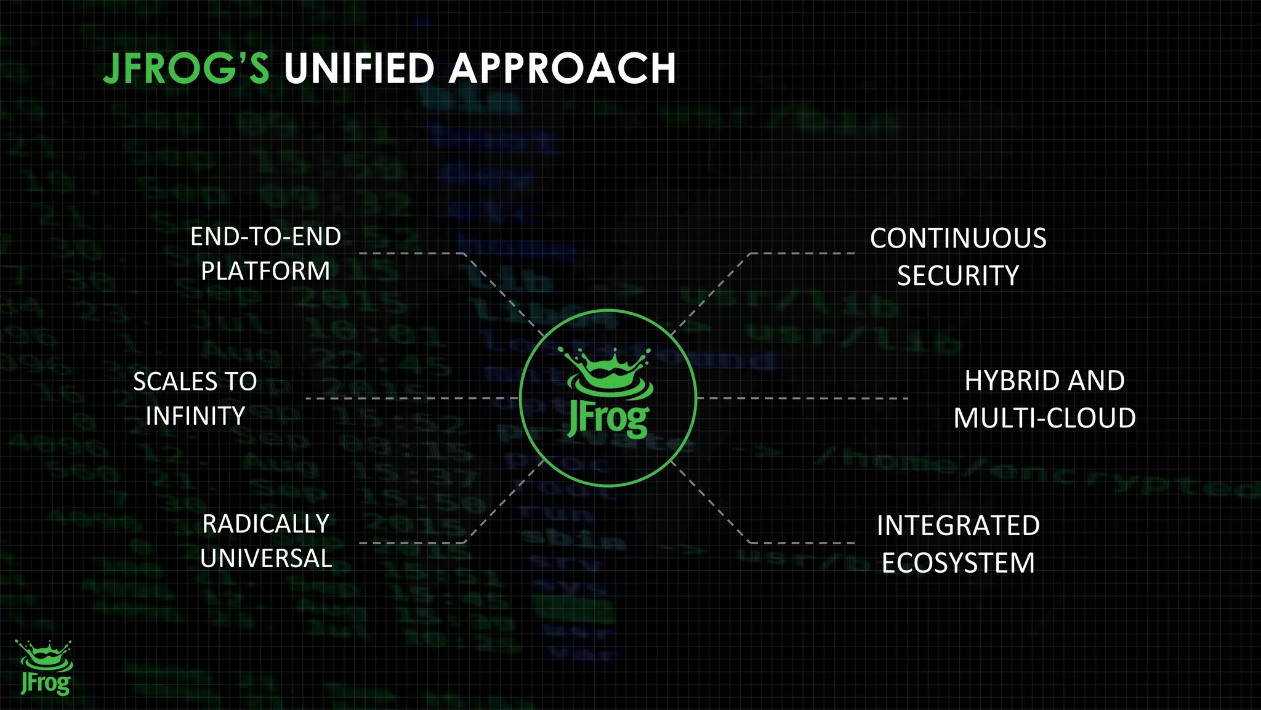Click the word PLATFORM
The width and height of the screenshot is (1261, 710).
click(265, 272)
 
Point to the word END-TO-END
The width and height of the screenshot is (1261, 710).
click(265, 237)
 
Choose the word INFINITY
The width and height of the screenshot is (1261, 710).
click(195, 416)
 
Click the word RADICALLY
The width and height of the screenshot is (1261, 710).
click(265, 524)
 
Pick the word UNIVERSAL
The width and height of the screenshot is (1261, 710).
click(265, 559)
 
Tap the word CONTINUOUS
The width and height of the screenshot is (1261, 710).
click(958, 239)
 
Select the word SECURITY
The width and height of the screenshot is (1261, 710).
click(958, 276)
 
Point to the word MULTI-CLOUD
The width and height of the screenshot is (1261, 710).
click(1044, 418)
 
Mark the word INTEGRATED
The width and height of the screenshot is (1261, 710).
click(958, 526)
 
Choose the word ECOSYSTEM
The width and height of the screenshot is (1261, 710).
click(958, 563)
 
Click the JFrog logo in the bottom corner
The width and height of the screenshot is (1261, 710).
click(45, 668)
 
